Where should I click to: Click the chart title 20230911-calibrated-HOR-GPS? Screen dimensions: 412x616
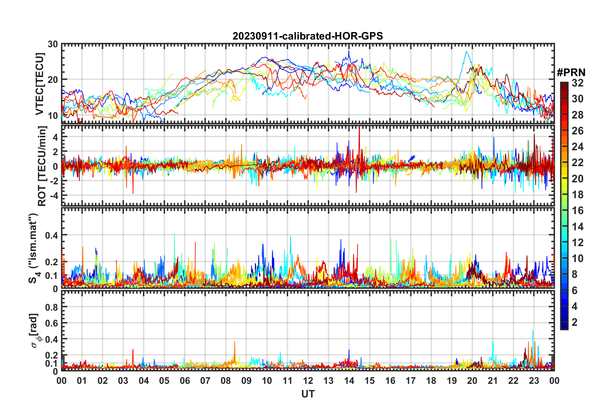308,36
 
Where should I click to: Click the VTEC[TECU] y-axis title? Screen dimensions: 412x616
40,84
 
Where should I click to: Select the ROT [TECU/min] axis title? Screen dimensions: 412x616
42,166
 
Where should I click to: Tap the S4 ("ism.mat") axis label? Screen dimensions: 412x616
33,248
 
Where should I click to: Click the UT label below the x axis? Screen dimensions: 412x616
308,394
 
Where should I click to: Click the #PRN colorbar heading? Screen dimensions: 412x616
571,73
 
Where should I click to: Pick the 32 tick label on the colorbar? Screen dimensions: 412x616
577,83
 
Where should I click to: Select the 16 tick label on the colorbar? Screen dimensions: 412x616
577,211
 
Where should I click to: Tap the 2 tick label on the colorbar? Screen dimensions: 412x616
575,322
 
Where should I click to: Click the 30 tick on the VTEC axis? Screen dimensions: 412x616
52,44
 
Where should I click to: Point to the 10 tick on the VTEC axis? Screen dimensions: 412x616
52,116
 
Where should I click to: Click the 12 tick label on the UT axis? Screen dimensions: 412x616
308,381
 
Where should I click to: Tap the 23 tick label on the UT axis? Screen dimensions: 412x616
534,381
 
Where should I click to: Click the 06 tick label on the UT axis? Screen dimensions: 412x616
185,381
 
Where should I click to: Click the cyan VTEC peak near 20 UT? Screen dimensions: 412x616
466,52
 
